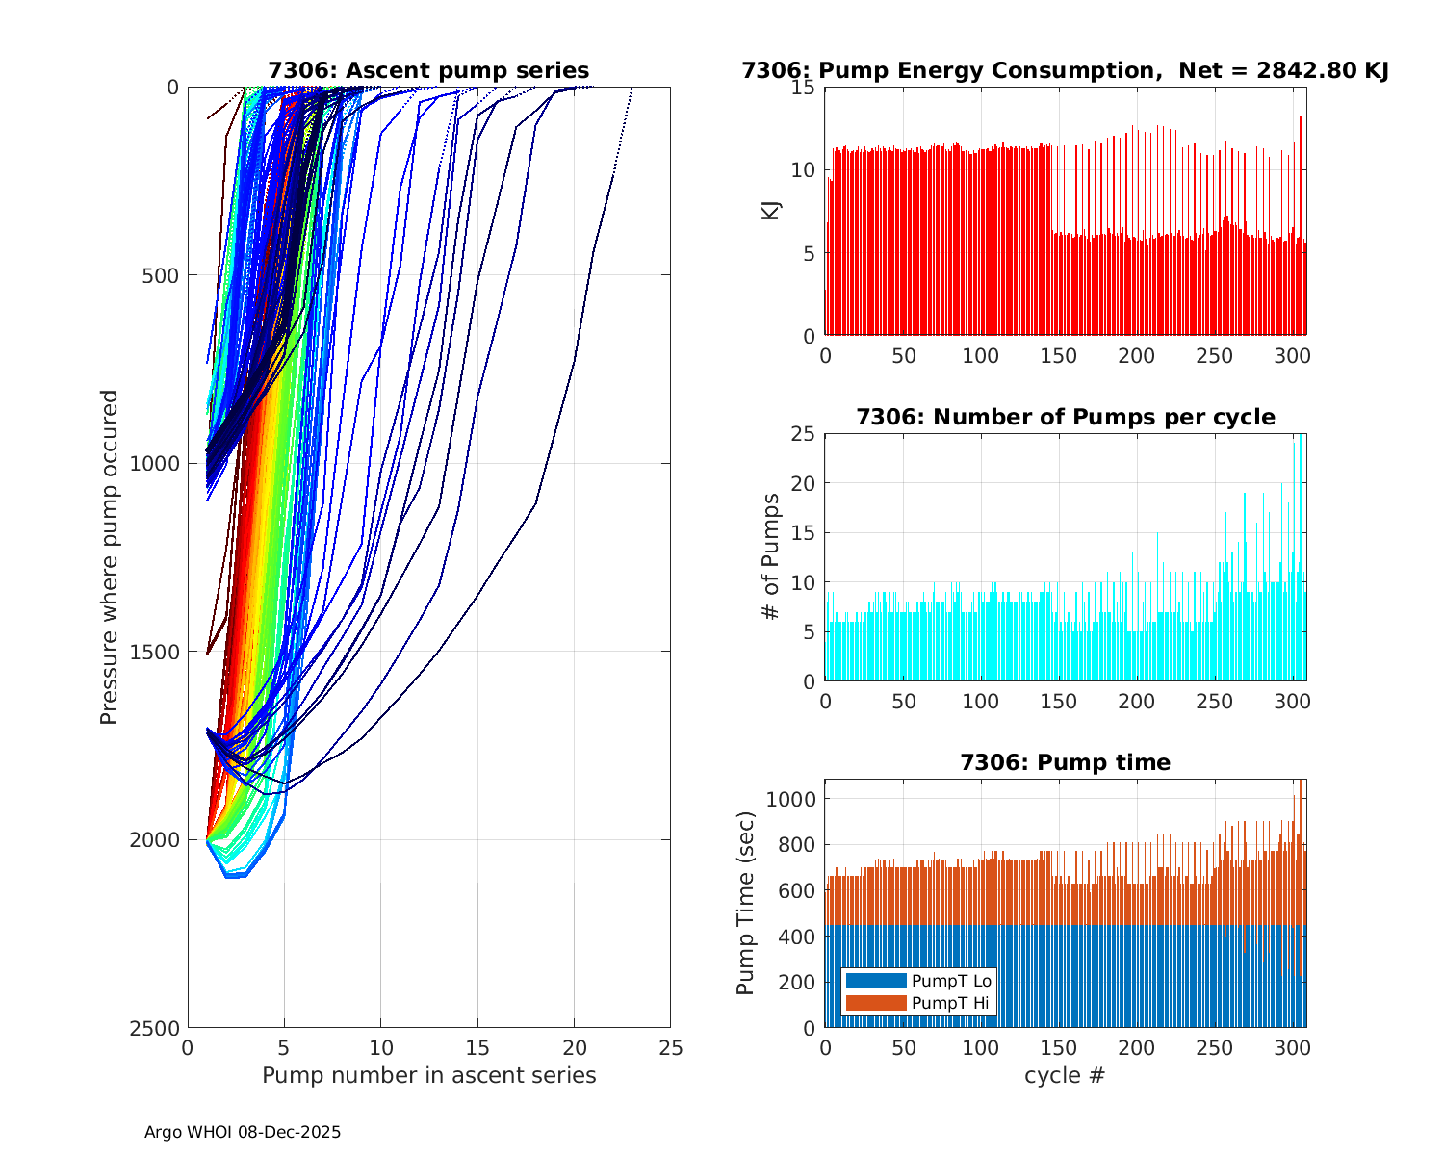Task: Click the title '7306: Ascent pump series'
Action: click(x=428, y=70)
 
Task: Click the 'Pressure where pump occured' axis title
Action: click(x=109, y=557)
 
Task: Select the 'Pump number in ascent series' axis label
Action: click(x=428, y=1075)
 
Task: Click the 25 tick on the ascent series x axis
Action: click(x=670, y=1047)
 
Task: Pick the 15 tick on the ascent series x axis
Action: click(x=477, y=1047)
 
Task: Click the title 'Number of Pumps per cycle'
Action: click(x=1065, y=417)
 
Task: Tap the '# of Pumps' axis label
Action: click(x=770, y=557)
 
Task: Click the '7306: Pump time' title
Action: click(x=1065, y=762)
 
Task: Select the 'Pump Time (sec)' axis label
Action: click(x=745, y=903)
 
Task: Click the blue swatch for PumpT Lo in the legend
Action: click(x=875, y=981)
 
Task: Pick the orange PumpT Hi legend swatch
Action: click(x=875, y=1003)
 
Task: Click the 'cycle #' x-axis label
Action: click(x=1065, y=1075)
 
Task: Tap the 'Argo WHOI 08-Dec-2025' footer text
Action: click(x=243, y=1132)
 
